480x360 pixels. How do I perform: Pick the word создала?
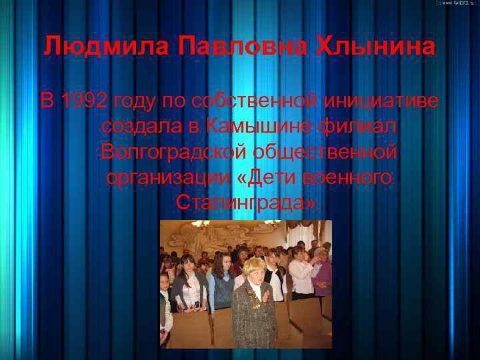pos(141,127)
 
